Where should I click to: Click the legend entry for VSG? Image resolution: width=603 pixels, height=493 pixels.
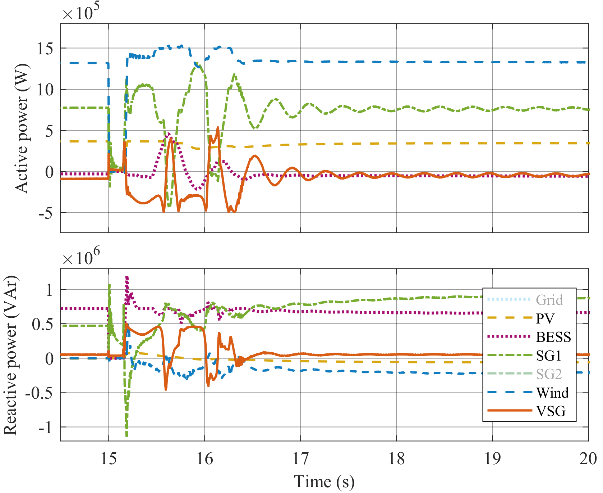551,411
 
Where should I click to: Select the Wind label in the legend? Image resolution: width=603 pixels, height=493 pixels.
552,393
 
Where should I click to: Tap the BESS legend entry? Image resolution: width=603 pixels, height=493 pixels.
553,337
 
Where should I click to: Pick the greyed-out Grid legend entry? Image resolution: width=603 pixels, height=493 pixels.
549,300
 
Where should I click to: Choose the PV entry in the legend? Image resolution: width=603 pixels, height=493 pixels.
545,318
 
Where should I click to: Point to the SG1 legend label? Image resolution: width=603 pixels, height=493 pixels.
549,356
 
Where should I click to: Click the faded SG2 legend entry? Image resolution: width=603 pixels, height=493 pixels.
549,374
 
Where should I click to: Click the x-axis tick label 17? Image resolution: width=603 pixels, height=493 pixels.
300,459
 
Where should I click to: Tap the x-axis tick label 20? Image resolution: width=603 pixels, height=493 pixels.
588,459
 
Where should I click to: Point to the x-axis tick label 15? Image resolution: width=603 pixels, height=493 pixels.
109,459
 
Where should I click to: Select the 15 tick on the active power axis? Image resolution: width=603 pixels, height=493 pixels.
45,49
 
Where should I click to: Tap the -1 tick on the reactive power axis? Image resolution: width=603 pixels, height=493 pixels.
45,428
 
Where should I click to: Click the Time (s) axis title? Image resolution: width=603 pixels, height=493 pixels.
324,481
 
